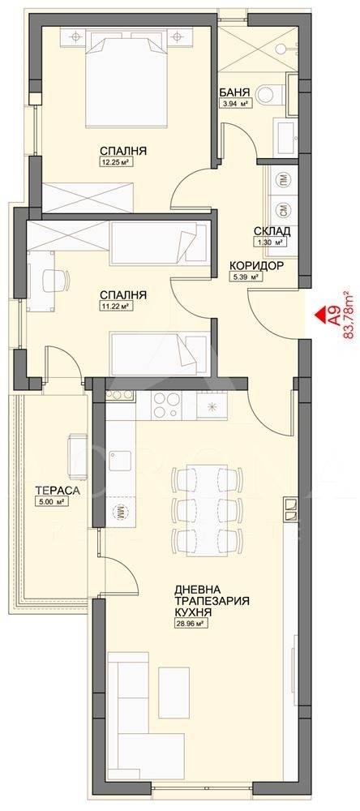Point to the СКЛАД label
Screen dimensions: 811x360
(x=271, y=231)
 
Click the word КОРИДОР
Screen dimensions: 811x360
(x=256, y=265)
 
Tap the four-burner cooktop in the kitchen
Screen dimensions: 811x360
(x=165, y=404)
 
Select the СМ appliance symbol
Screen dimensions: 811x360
(x=282, y=208)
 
